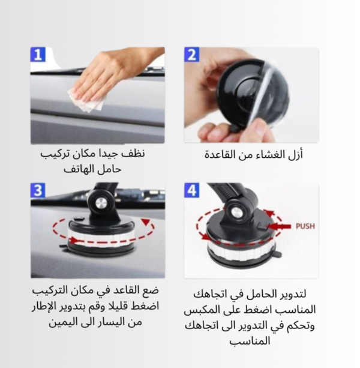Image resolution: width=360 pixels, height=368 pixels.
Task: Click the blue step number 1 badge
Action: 38,55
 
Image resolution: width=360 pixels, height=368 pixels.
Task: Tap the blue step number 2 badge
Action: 192,55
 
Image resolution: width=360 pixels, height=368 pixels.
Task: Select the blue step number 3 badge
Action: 38,190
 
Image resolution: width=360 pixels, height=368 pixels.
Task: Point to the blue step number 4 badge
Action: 192,190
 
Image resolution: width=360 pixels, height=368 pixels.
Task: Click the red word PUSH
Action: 305,226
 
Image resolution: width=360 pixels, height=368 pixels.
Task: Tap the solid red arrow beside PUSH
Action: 278,226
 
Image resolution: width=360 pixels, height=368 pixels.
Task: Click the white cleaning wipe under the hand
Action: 87,101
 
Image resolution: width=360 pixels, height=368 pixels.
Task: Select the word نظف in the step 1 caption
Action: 136,154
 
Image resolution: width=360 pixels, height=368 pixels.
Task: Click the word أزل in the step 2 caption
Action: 296,155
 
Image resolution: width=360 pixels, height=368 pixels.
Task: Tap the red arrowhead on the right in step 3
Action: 146,222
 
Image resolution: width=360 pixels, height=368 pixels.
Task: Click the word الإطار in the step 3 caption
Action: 45,307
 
